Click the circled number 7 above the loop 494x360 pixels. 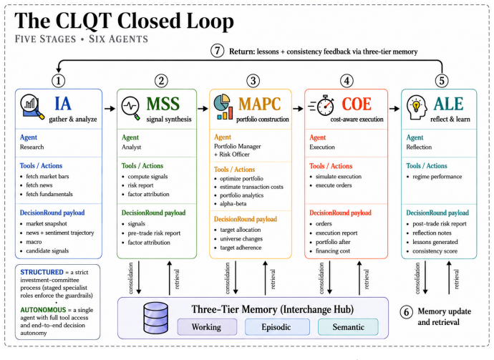click(x=217, y=51)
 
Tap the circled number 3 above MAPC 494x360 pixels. click(x=253, y=81)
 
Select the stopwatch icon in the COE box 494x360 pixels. click(x=321, y=105)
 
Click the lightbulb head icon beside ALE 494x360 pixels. click(x=417, y=107)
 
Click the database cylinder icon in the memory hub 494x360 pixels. click(x=155, y=318)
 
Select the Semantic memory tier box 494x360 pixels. click(x=348, y=327)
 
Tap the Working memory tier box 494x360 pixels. click(x=207, y=327)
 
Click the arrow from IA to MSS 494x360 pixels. click(x=110, y=109)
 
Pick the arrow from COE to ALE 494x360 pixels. click(x=394, y=109)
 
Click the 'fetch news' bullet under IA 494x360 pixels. click(x=39, y=185)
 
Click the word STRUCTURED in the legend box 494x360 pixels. click(x=42, y=272)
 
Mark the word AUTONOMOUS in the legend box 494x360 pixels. click(x=43, y=310)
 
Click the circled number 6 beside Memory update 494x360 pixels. click(x=407, y=312)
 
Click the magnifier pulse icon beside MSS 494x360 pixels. click(x=131, y=108)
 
